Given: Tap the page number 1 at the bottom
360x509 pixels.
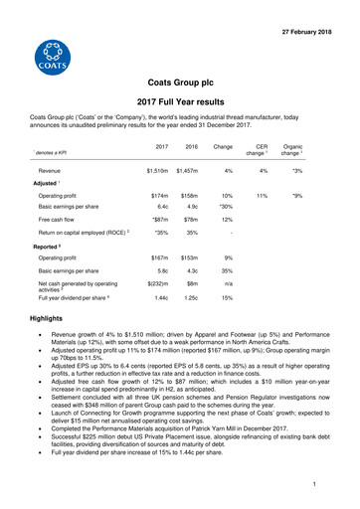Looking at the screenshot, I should tap(339, 486).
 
